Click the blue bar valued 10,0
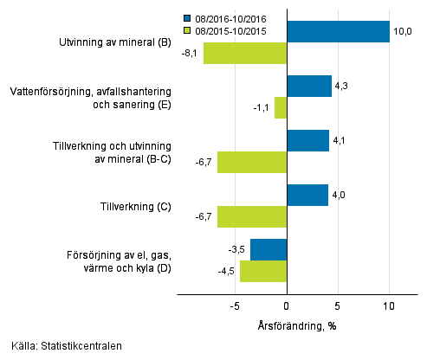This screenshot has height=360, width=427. pos(338,31)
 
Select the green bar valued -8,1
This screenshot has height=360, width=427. pos(245,53)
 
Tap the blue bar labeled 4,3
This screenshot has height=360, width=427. pos(309,86)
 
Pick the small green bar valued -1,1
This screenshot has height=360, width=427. pos(281,107)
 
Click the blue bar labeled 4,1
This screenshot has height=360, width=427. pos(307,140)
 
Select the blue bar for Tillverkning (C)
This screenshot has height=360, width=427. pos(307,195)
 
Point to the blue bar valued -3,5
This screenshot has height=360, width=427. pos(268,249)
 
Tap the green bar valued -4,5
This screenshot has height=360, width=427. pos(263,271)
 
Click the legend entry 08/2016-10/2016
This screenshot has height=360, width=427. pos(230,17)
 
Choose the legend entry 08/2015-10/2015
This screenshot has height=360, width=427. pos(230,30)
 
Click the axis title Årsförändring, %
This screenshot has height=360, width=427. pos(297,325)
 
